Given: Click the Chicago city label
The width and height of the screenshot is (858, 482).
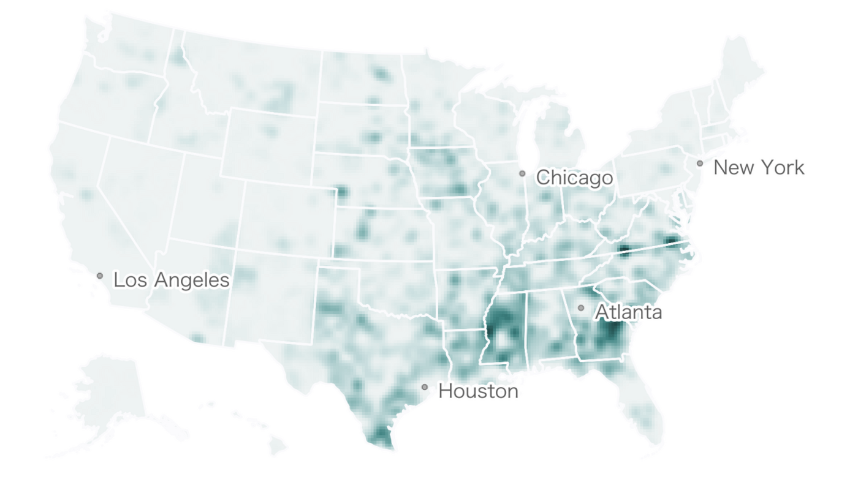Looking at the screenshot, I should (574, 178).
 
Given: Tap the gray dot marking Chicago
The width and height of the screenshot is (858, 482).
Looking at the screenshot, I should (522, 173).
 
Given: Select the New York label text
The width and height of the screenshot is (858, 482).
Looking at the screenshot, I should (759, 167).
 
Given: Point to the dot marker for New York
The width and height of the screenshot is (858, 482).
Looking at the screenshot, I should (699, 164).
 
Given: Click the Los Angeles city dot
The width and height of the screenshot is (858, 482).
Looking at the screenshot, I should (100, 276).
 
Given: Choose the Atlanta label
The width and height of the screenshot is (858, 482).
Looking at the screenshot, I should (628, 312).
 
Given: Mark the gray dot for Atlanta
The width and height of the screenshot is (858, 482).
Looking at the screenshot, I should (581, 307).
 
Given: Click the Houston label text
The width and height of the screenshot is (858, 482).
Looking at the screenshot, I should (478, 391).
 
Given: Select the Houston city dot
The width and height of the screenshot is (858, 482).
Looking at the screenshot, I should (424, 387).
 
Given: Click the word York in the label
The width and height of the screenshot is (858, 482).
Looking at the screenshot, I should (780, 167).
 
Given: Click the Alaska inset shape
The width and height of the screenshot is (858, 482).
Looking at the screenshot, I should (110, 392).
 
